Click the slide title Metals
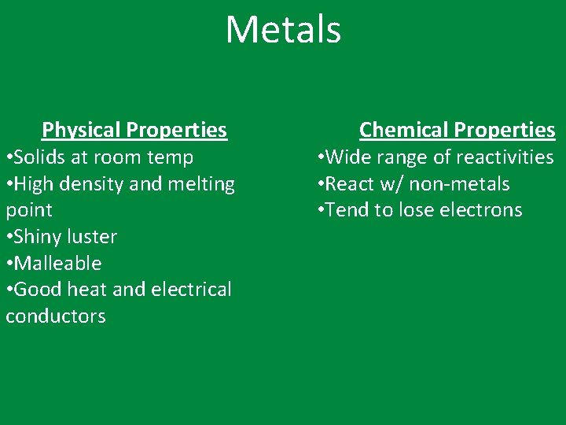pos(283,30)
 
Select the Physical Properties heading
pos(134,130)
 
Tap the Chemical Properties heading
pos(457,130)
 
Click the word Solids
pos(40,157)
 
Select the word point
pos(29,211)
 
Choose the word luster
pos(93,237)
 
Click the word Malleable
pos(57,263)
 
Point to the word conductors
pos(56,316)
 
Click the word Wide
pos(348,157)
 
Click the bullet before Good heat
pos(8,290)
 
